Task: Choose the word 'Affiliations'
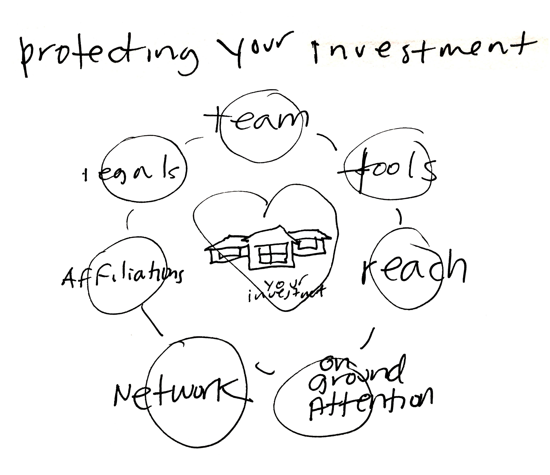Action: [x=122, y=277]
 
